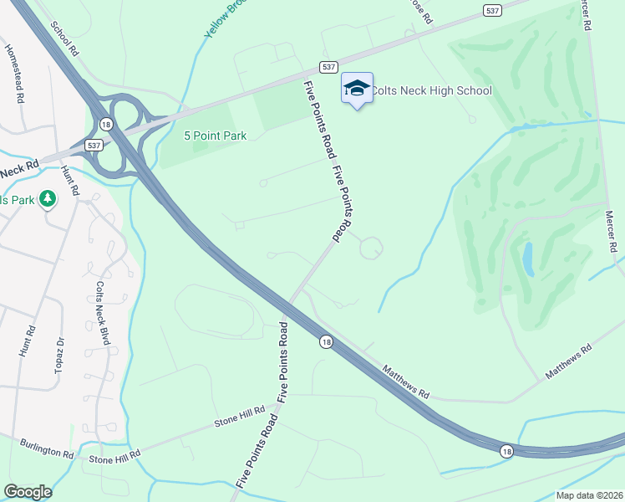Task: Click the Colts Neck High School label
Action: point(431,90)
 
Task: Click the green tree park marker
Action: point(48,198)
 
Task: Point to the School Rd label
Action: point(64,38)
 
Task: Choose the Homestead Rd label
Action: point(14,74)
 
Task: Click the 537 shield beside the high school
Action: point(328,67)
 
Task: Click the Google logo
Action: point(28,492)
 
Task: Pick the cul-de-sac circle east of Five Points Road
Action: point(372,248)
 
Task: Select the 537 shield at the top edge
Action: point(492,9)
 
